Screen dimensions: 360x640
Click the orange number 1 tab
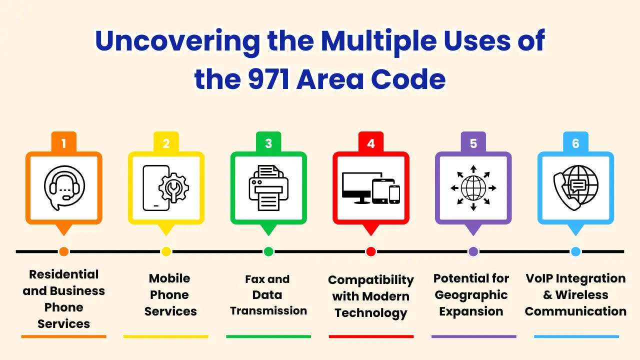(63, 143)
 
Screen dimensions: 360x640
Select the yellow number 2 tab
(166, 143)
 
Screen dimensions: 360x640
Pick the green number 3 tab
(268, 143)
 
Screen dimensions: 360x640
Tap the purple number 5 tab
(473, 143)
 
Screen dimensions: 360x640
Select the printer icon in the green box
(268, 188)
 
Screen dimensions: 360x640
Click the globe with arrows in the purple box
(473, 188)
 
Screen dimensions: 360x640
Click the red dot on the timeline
(370, 251)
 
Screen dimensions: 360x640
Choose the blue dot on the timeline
(575, 251)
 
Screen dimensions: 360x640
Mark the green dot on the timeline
(268, 251)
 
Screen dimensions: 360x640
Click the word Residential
(64, 274)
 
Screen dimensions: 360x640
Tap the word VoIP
(539, 278)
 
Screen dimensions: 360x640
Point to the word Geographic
(471, 295)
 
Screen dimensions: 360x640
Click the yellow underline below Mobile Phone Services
(166, 336)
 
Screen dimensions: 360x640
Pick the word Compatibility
(371, 279)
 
